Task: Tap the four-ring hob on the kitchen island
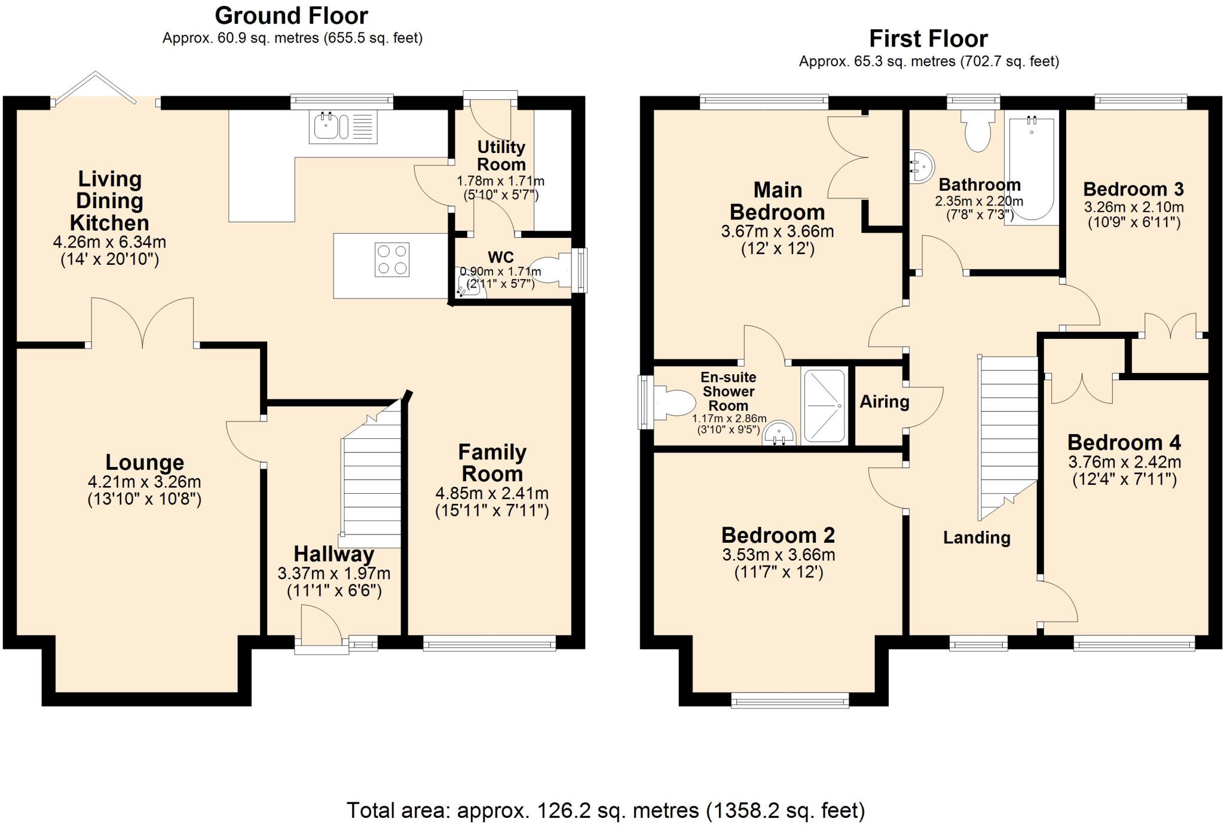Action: (392, 259)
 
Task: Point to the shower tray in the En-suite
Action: (824, 406)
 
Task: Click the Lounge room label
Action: (145, 462)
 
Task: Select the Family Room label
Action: (492, 463)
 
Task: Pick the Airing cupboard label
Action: (885, 402)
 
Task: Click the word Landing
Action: (977, 537)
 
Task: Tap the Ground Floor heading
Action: (292, 15)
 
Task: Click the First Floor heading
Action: (928, 39)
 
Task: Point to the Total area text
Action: (606, 811)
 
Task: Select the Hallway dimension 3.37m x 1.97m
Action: (334, 574)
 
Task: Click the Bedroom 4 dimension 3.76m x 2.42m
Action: (1125, 462)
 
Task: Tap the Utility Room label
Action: (501, 155)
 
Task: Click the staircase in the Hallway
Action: (371, 478)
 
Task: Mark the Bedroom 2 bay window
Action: (790, 700)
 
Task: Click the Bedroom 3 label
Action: (1133, 190)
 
